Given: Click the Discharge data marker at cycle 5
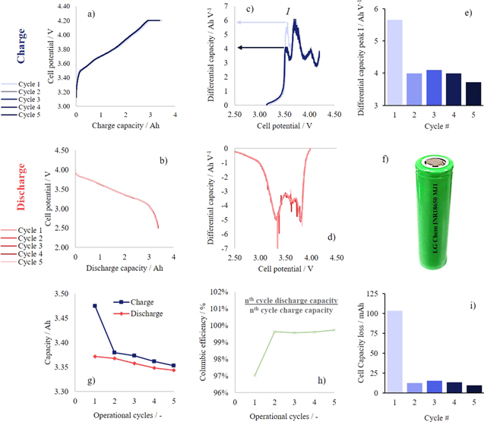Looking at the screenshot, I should tap(173, 370).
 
